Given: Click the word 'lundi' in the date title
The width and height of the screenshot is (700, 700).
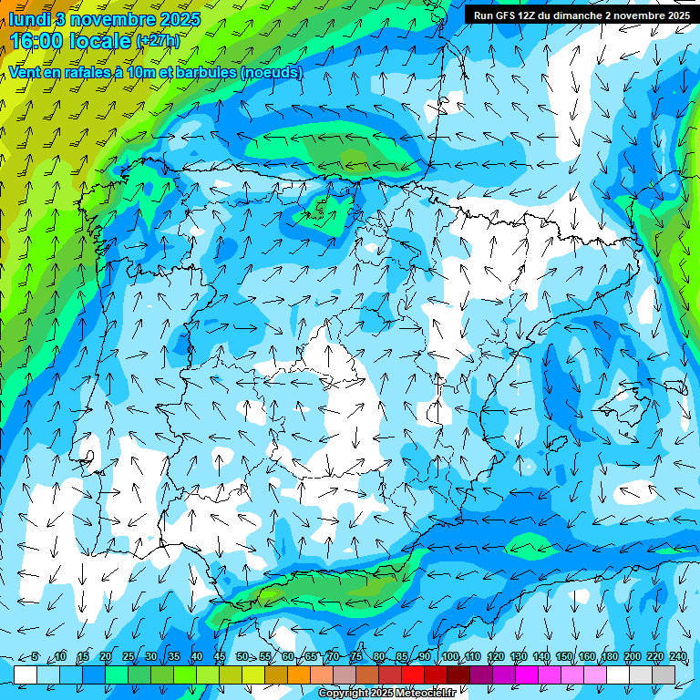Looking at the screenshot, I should coord(30,18).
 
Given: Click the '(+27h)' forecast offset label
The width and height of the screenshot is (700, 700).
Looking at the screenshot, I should coord(158,41).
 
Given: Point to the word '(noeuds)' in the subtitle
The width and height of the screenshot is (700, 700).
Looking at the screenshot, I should coord(272,72).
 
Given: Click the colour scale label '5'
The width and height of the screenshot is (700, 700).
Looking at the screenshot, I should coord(35,657).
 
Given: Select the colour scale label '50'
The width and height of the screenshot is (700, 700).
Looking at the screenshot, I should coord(242,657).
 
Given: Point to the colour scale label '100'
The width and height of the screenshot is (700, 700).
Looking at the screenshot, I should coord(449,657).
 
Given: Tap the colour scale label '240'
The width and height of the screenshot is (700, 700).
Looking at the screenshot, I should coord(677,657).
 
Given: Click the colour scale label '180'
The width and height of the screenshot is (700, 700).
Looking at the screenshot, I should coord(609,657).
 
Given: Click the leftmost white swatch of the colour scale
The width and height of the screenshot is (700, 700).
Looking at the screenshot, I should coord(26,674).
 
